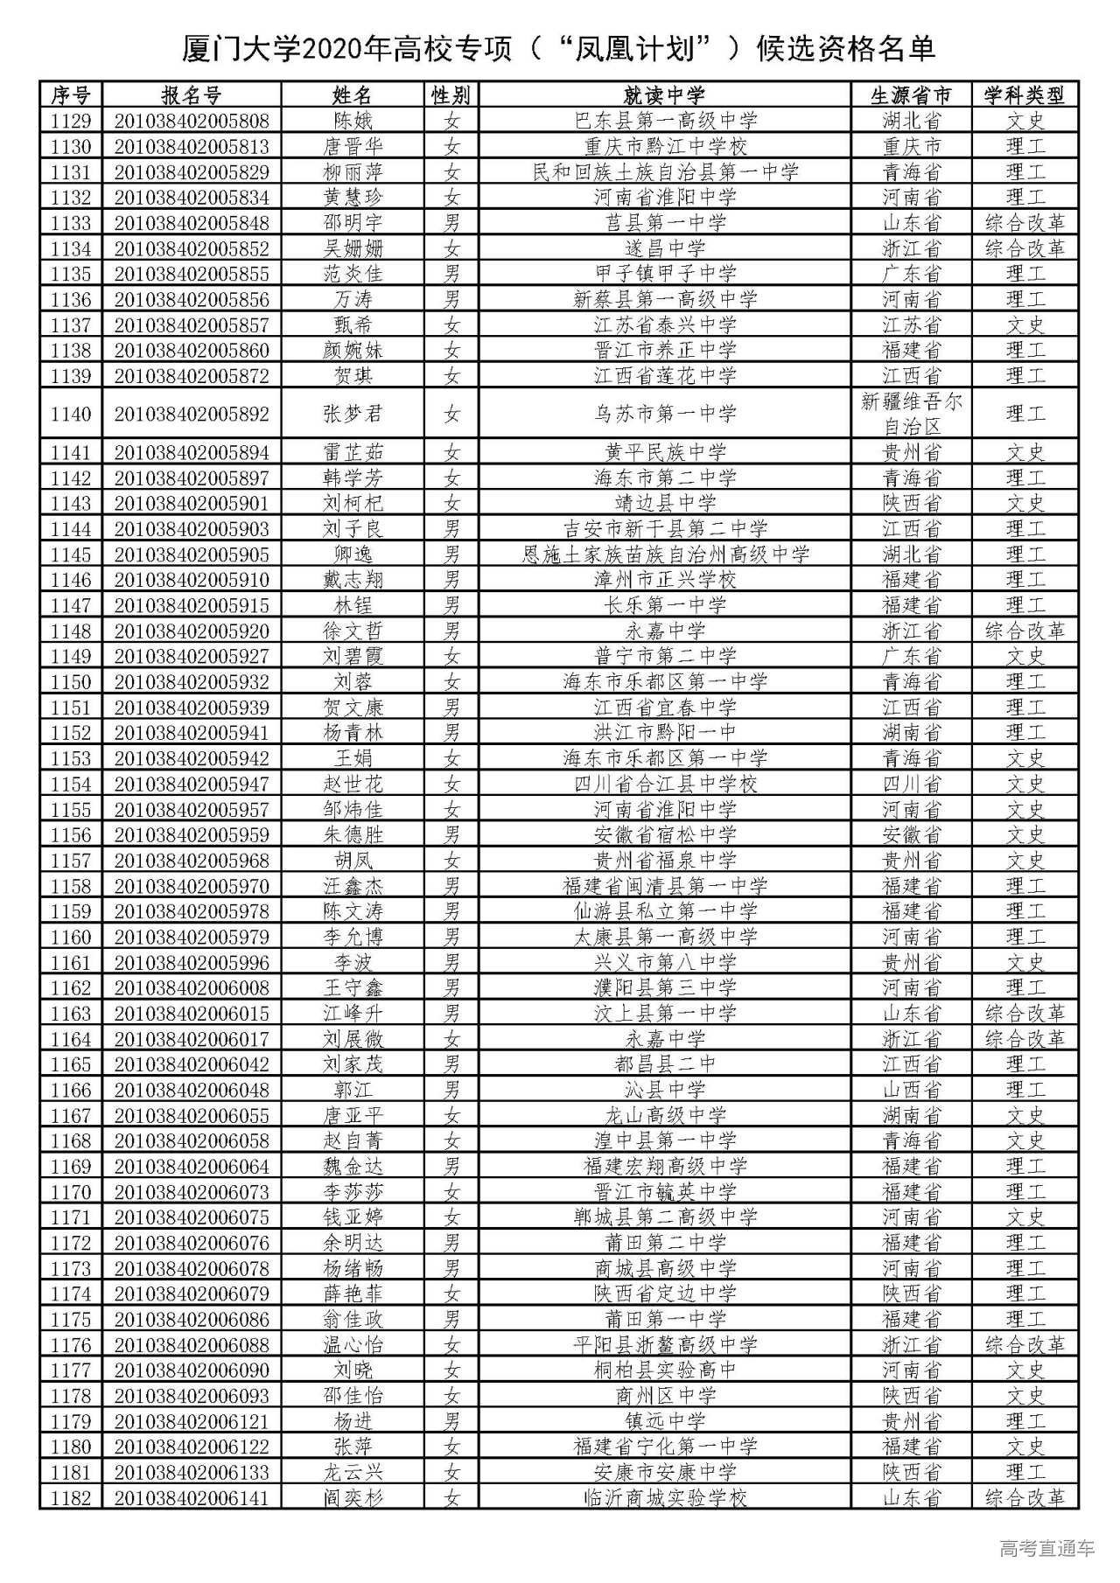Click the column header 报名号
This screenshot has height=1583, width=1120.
click(191, 94)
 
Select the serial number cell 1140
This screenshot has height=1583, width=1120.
click(71, 414)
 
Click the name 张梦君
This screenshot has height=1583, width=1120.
click(353, 414)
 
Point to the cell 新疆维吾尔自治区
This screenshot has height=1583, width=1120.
click(911, 414)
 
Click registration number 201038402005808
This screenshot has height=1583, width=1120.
click(191, 121)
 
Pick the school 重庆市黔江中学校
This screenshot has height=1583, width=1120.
click(665, 146)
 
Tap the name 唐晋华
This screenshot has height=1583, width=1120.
click(353, 146)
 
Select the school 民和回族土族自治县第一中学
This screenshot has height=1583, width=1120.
click(665, 171)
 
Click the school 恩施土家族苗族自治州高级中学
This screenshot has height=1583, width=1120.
click(665, 554)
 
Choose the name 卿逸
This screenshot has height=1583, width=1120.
click(353, 554)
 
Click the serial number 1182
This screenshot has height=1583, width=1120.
click(71, 1498)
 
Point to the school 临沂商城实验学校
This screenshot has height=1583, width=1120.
click(665, 1498)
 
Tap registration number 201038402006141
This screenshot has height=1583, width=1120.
click(191, 1498)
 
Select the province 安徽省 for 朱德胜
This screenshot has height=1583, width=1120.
click(911, 835)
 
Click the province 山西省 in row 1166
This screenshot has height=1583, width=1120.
click(911, 1090)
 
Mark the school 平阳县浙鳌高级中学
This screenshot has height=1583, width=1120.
click(665, 1345)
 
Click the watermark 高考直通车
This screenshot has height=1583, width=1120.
click(1046, 1549)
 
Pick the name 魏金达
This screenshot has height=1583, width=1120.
click(353, 1167)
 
